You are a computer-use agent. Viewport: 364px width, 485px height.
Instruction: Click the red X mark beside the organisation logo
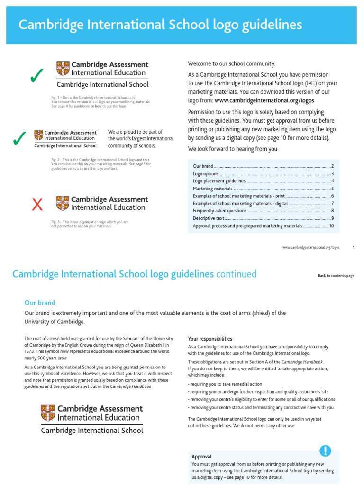tap(37, 205)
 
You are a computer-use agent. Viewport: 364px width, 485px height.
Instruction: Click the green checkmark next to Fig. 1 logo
tap(36, 75)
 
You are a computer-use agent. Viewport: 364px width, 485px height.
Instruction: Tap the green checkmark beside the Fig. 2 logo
tap(19, 139)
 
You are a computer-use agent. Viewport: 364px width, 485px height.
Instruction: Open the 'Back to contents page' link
tap(336, 276)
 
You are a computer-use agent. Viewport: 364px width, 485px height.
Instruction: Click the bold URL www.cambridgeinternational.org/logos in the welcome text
tap(264, 100)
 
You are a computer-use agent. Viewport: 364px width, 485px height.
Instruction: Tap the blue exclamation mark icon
tap(325, 450)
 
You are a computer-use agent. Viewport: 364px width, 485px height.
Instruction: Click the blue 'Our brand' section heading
tap(40, 303)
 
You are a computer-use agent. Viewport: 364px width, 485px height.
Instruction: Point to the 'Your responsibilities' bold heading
tap(210, 339)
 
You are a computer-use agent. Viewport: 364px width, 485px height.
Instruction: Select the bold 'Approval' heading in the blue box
tap(201, 457)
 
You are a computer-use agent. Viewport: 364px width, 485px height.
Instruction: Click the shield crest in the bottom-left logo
tap(48, 413)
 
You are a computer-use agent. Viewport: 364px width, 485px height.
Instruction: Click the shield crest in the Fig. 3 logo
tap(63, 203)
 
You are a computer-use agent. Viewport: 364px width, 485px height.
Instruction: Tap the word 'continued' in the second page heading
tap(236, 274)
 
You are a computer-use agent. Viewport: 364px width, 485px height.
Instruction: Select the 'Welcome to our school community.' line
tap(231, 63)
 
